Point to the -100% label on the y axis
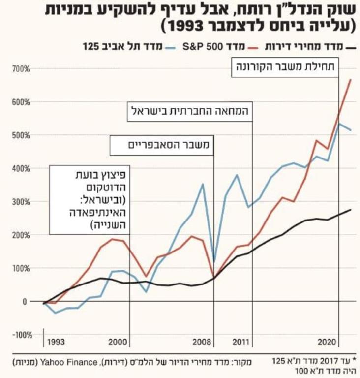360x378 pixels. click(x=21, y=335)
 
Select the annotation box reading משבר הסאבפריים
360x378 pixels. click(x=161, y=145)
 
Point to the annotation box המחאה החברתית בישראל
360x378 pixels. click(x=190, y=111)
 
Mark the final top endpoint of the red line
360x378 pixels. click(x=351, y=79)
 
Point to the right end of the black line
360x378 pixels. click(x=351, y=210)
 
